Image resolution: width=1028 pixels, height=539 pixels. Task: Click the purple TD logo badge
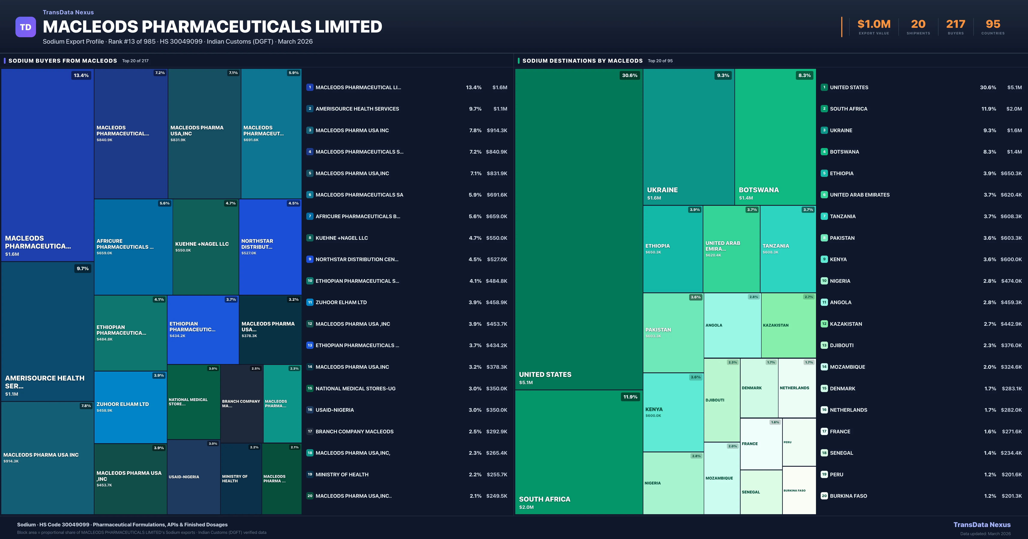click(25, 27)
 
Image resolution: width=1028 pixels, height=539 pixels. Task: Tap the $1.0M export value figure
click(874, 24)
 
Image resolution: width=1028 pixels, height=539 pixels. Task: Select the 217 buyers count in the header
click(955, 24)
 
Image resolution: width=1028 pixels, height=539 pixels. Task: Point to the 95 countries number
click(993, 24)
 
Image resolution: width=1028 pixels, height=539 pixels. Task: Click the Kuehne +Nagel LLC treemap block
click(206, 247)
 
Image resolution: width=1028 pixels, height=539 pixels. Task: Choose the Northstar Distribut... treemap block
click(270, 247)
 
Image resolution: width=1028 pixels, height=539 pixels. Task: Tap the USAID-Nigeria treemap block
click(194, 477)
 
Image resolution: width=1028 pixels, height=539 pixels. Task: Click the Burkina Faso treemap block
click(799, 490)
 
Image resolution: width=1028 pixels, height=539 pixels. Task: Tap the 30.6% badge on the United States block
click(629, 75)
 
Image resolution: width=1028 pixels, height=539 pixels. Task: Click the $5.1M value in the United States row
click(1014, 87)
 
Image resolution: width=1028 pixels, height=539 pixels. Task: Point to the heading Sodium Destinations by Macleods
click(582, 61)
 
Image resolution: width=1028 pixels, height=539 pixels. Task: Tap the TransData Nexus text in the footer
click(982, 525)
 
